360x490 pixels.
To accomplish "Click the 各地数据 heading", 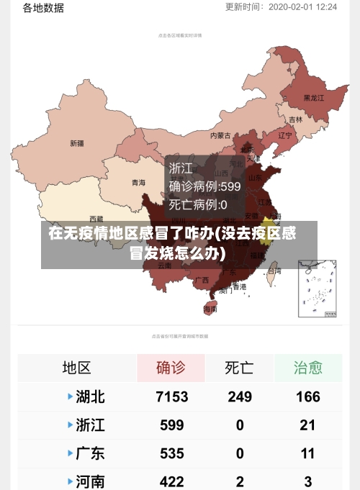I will [43, 8].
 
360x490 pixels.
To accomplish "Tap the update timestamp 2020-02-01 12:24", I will [302, 6].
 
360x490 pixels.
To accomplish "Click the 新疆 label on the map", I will [77, 143].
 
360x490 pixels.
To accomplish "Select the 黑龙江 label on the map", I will [314, 97].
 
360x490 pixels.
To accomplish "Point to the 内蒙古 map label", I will [220, 135].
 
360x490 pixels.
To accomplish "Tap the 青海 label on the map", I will [138, 183].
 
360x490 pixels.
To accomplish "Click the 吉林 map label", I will [296, 119].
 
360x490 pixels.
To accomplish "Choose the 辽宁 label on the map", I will [285, 135].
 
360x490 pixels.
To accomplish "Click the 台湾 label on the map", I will [274, 271].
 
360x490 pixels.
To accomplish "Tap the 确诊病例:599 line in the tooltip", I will [205, 186].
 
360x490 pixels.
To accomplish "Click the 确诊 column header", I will [171, 368].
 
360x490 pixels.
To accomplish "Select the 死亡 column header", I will [239, 368].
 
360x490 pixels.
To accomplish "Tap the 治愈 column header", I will [307, 368].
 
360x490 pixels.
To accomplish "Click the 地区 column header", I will [76, 368].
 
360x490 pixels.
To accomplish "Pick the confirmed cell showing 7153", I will [171, 396].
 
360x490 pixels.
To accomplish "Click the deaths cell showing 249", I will [239, 396].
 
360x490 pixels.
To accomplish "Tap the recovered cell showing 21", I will [307, 425].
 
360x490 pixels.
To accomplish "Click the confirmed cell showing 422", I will [171, 481].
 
